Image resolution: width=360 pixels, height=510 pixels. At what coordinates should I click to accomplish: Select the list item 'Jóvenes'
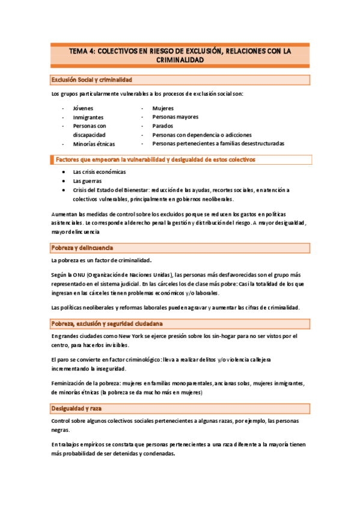[x=83, y=108]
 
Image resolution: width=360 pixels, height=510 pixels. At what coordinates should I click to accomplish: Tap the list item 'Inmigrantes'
[x=88, y=117]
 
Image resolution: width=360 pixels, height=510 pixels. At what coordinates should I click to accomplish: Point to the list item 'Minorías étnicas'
[x=94, y=144]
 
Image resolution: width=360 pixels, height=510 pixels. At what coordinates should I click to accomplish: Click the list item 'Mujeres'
[x=163, y=108]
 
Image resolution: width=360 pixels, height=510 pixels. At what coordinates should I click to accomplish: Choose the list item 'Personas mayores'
[x=175, y=117]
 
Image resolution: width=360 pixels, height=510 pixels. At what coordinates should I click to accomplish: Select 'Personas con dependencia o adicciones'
[x=202, y=135]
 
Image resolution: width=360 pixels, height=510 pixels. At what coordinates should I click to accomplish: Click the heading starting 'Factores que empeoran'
[x=155, y=160]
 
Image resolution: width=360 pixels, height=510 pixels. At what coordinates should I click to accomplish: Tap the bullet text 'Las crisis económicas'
[x=100, y=172]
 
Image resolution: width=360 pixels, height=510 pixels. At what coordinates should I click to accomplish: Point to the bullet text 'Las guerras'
[x=87, y=181]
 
